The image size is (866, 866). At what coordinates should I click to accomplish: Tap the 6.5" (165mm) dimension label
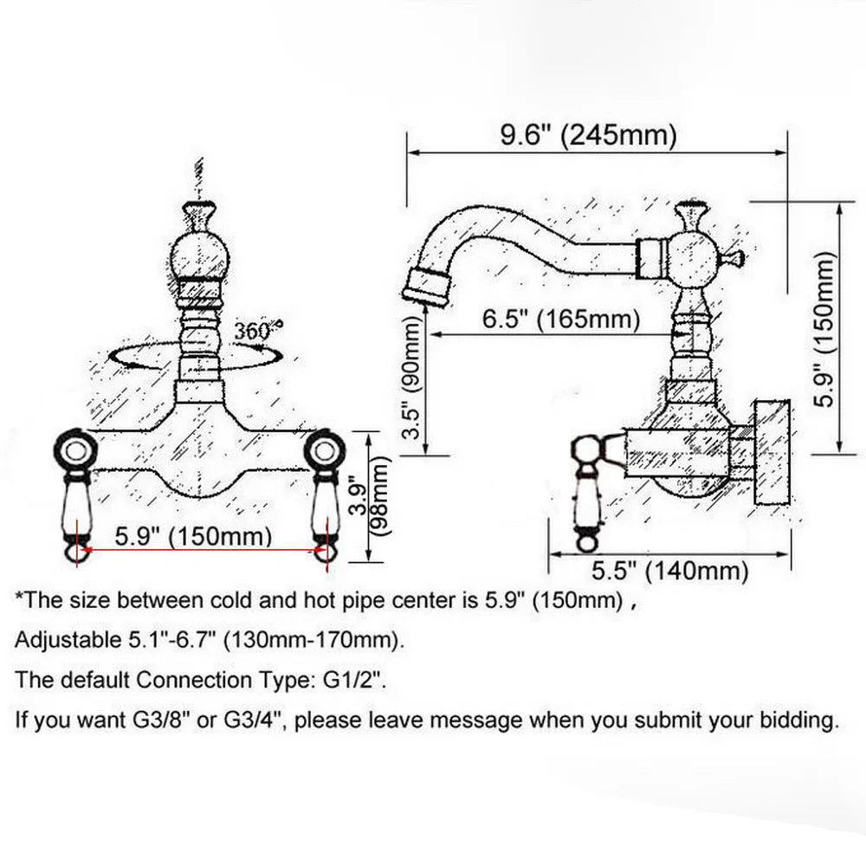[x=560, y=320]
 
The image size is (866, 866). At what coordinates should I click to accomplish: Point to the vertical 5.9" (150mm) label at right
[x=827, y=329]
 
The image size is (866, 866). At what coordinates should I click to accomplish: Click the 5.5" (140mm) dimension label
[x=669, y=571]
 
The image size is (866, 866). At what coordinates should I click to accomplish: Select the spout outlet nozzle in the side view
[x=424, y=287]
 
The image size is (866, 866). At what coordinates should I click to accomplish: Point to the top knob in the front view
[x=201, y=214]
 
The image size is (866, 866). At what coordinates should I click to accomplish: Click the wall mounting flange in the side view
[x=772, y=452]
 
